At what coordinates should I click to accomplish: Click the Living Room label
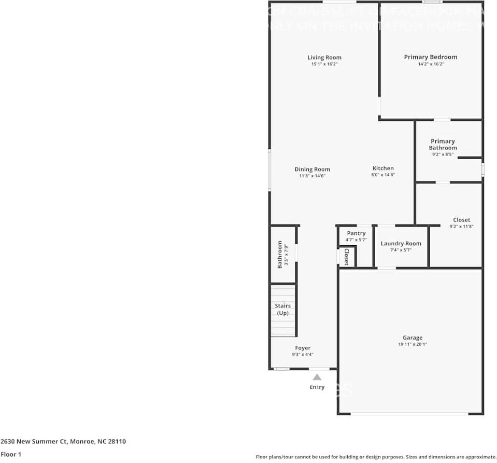tap(324, 58)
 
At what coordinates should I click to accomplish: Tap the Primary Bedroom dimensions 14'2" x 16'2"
tap(431, 64)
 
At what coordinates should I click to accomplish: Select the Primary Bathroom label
tap(443, 144)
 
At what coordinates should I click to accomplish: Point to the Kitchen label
tap(383, 168)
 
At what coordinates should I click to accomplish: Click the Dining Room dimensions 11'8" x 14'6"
tap(312, 176)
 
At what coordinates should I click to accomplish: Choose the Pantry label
tap(356, 233)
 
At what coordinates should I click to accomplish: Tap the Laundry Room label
tap(401, 243)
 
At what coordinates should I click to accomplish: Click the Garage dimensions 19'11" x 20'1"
tap(413, 344)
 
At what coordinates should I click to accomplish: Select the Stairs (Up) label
tap(282, 310)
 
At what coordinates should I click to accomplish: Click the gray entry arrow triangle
tap(317, 377)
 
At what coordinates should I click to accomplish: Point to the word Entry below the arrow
tap(317, 387)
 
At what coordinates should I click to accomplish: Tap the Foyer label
tap(303, 348)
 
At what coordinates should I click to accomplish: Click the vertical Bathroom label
tap(280, 254)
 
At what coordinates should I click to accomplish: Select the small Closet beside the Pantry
tap(346, 256)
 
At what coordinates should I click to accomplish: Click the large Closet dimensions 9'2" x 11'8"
tap(461, 226)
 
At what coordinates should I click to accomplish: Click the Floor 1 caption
tap(11, 454)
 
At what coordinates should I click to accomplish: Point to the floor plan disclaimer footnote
tap(376, 457)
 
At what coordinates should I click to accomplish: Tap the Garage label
tap(413, 338)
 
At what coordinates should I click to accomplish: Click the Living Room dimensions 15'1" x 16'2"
tap(324, 64)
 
